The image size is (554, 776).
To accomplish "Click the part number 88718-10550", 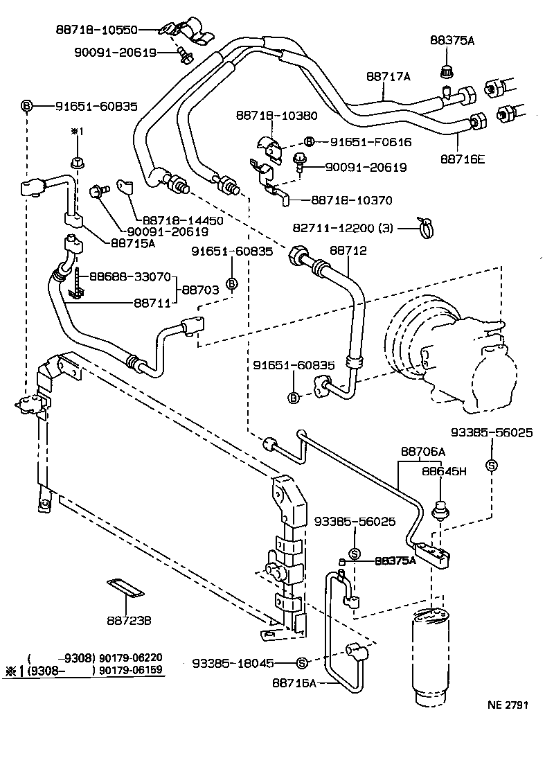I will point(97,30).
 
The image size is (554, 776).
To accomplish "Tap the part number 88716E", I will point(462,159).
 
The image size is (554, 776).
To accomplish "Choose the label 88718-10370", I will point(351,200).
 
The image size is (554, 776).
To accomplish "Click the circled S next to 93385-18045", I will point(302,663).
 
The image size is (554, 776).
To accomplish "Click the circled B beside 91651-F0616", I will point(309,142).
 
